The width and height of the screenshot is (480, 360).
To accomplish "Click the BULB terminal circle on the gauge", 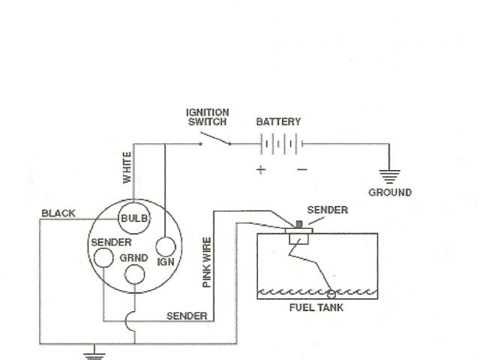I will (135, 217).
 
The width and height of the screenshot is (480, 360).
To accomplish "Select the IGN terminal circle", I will (165, 247).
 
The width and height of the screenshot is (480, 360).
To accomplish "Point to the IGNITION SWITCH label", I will (208, 117).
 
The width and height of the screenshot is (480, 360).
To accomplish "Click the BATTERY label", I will (278, 121).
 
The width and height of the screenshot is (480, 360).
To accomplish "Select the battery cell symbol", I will (280, 144).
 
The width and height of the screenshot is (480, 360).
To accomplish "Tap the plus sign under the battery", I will (261, 169).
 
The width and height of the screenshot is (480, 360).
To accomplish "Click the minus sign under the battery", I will (301, 169).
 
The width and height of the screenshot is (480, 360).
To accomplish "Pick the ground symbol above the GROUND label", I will (389, 176).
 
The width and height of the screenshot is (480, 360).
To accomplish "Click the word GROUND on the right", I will (389, 193).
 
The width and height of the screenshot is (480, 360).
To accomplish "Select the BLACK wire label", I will (58, 213).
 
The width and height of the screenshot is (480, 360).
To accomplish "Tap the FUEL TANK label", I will (313, 308).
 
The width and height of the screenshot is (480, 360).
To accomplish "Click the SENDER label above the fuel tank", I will (328, 211).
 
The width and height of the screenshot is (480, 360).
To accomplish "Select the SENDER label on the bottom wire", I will (187, 316).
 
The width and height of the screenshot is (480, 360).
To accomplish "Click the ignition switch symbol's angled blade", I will (216, 139).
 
